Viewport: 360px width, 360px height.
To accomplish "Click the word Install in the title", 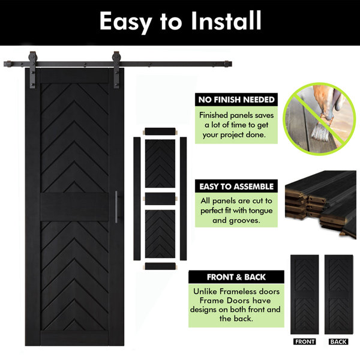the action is (226, 20).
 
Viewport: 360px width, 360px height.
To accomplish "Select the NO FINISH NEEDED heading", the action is (236, 100).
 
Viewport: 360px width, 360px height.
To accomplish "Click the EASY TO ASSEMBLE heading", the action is (236, 187).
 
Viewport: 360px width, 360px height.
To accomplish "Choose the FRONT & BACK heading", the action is (236, 277).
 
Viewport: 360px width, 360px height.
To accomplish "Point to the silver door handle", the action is (116, 207).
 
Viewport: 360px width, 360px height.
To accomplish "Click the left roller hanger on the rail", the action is (32, 70).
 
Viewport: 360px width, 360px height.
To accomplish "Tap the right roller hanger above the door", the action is (116, 70).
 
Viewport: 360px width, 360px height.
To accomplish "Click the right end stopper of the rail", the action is (228, 64).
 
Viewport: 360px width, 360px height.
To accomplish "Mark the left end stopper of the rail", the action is (7, 64).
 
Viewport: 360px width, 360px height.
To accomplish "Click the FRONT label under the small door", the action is (304, 341).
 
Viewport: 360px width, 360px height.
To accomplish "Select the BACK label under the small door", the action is (338, 341).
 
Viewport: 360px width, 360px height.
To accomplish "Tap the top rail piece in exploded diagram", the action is (160, 131).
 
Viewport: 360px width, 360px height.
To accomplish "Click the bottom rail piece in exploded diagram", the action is (160, 266).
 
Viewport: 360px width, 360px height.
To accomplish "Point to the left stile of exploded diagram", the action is (137, 199).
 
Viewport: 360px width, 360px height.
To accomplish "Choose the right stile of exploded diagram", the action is (183, 199).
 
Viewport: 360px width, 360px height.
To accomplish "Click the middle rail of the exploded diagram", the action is (160, 199).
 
